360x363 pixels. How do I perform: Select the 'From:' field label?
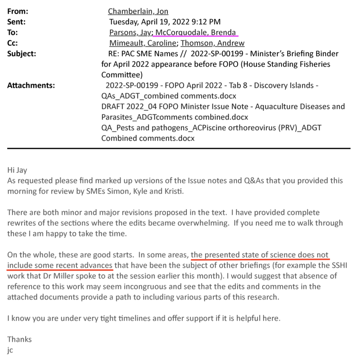pos(17,11)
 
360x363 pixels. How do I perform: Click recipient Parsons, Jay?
pos(130,32)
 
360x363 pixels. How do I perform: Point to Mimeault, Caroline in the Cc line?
pos(143,43)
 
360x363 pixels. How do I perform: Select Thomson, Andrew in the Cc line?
pos(213,43)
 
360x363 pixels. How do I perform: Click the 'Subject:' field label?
pos(22,54)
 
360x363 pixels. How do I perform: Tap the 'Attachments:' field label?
pos(31,85)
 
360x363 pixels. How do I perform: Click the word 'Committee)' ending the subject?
pos(122,75)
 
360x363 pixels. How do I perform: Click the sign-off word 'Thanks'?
pos(19,340)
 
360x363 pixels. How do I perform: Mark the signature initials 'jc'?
pos(10,350)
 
